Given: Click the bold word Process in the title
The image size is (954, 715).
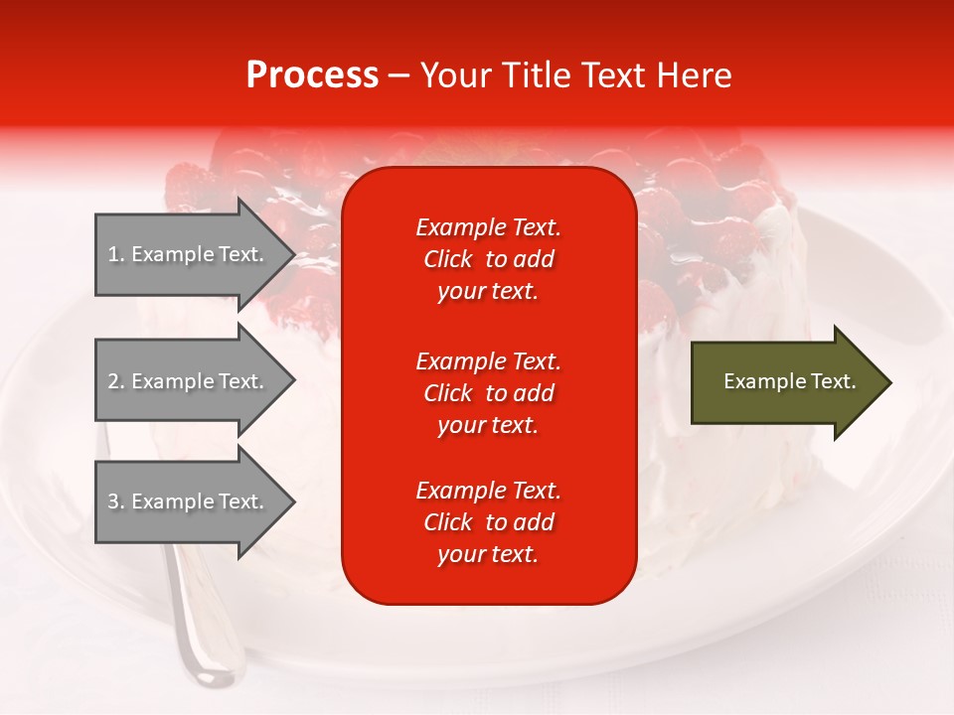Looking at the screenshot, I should tap(312, 75).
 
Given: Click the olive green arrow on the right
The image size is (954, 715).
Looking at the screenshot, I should tap(785, 382).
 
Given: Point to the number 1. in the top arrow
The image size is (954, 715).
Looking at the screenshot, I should tap(116, 254).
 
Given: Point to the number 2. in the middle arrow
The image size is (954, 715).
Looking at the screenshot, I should tap(116, 381).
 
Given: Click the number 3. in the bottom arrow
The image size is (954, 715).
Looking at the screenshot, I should tap(116, 501).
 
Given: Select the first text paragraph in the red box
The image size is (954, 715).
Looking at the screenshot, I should tap(488, 259).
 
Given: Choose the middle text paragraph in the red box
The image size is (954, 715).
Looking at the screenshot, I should tap(488, 393).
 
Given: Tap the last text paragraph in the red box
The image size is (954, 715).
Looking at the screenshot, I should tap(488, 522).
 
